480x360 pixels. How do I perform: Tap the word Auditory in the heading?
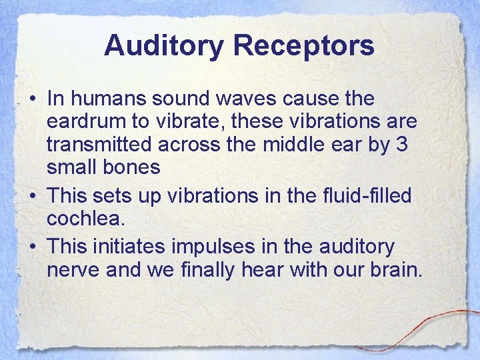[163, 47]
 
